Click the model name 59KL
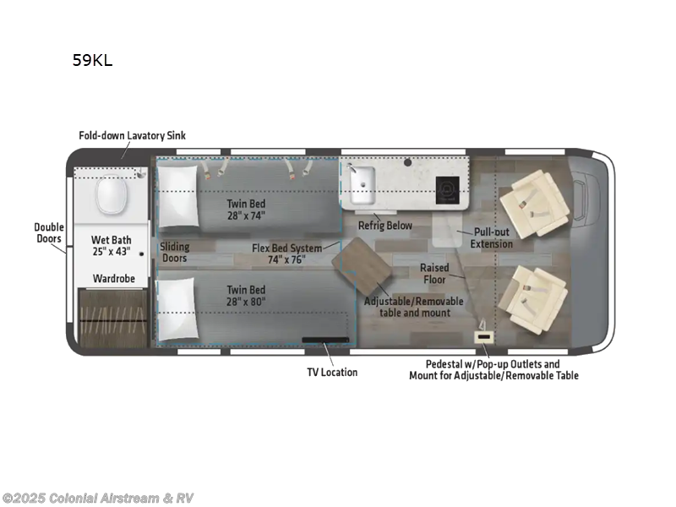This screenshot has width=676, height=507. tap(92, 60)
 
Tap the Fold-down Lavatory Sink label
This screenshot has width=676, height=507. tap(132, 135)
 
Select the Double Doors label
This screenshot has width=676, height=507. tap(48, 232)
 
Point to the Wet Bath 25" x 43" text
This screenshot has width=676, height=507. tap(112, 246)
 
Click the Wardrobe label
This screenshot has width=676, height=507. tap(112, 277)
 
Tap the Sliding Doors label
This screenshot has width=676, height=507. tap(175, 253)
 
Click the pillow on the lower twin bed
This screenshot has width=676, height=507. tap(177, 309)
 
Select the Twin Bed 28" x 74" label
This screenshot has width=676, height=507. tap(246, 210)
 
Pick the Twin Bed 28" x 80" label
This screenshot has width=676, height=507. tap(246, 296)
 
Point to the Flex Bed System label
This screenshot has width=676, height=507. tap(286, 253)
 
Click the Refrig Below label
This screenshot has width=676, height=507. tap(384, 226)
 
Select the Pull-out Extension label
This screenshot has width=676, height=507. tap(492, 237)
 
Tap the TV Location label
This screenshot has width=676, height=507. tap(331, 372)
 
